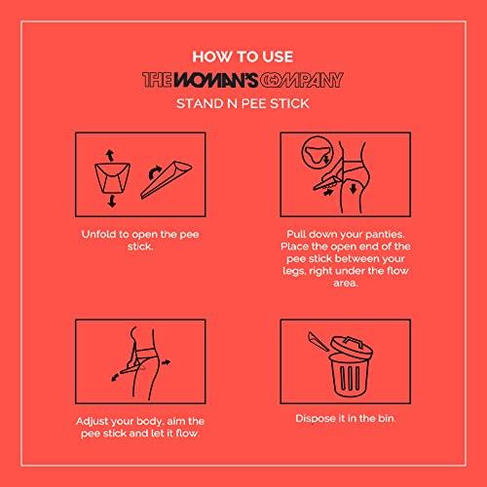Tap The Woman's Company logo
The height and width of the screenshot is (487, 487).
click(x=243, y=80)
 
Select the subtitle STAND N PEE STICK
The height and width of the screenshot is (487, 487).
click(x=243, y=104)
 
